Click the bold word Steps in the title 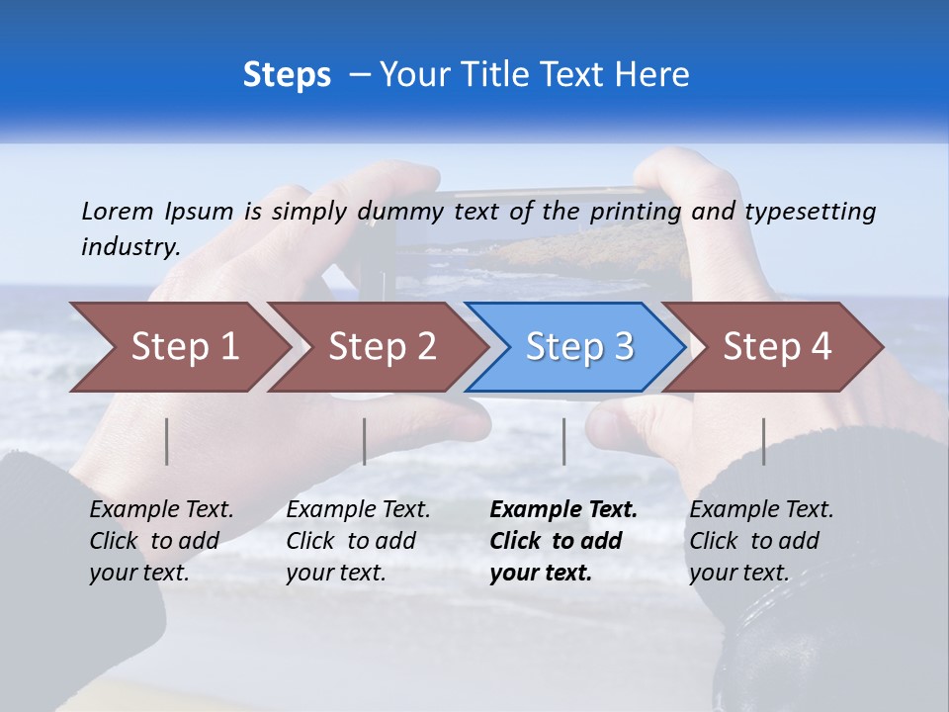pyautogui.click(x=287, y=75)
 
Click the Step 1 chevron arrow pyautogui.click(x=178, y=347)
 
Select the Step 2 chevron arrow pyautogui.click(x=377, y=347)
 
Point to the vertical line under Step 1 pyautogui.click(x=167, y=441)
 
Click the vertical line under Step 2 pyautogui.click(x=365, y=441)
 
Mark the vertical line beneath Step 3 pyautogui.click(x=563, y=441)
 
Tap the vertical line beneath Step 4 pyautogui.click(x=763, y=441)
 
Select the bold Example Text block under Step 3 pyautogui.click(x=562, y=541)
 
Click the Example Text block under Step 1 pyautogui.click(x=161, y=541)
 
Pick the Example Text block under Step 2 pyautogui.click(x=358, y=541)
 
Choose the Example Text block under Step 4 pyautogui.click(x=761, y=541)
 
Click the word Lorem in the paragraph pyautogui.click(x=118, y=211)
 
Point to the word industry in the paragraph pyautogui.click(x=130, y=247)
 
